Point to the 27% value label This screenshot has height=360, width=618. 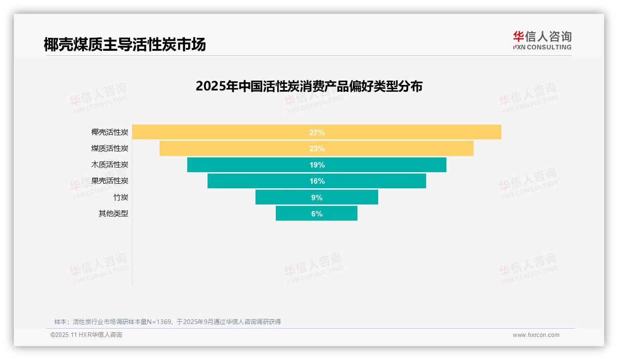click(x=317, y=132)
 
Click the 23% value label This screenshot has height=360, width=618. click(x=317, y=149)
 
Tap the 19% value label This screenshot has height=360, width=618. click(x=317, y=165)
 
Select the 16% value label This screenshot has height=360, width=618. click(x=317, y=181)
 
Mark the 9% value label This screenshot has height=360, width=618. click(x=317, y=198)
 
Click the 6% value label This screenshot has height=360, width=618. click(x=317, y=214)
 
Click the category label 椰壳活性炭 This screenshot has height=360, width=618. click(x=110, y=132)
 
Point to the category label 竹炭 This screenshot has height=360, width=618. click(x=121, y=198)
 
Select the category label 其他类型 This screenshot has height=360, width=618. click(x=113, y=214)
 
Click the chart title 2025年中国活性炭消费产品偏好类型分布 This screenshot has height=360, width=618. click(x=309, y=86)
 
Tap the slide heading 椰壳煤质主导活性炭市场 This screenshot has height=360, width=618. click(x=125, y=44)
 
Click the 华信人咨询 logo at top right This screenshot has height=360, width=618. click(x=542, y=40)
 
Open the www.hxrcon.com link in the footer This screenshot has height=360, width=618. click(x=536, y=335)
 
